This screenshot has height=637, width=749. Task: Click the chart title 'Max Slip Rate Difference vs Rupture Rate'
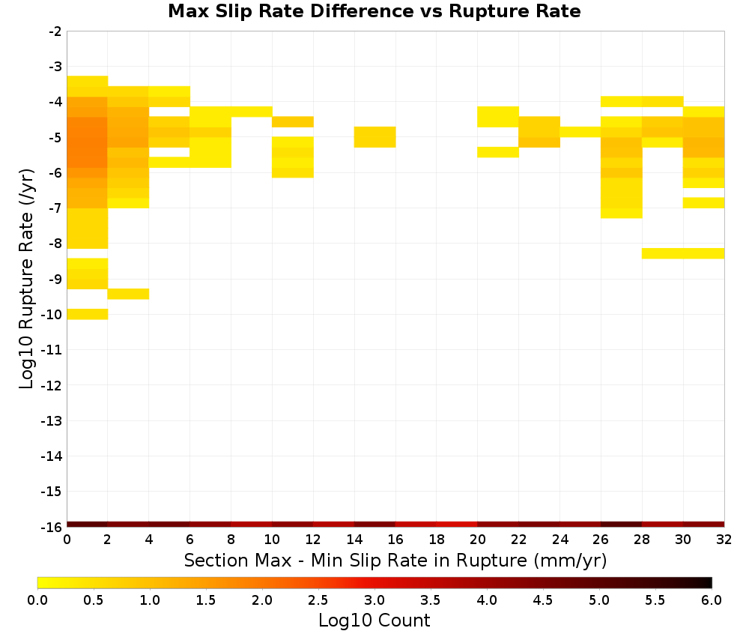[374, 11]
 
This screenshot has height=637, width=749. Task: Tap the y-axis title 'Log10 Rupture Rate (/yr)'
[26, 279]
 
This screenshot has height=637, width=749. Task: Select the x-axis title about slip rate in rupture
[395, 560]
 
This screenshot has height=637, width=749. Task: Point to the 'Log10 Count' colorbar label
[374, 621]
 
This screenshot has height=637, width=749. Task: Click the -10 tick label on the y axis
[51, 315]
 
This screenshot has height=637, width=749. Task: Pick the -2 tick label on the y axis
[55, 31]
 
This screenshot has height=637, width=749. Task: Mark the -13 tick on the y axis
[51, 420]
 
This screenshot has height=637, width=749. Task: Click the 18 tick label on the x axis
[437, 540]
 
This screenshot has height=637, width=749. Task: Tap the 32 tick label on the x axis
[724, 540]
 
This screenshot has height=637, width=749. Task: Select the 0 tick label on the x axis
[67, 540]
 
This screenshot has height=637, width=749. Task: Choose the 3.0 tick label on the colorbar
[374, 600]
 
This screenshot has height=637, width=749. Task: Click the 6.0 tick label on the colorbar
[712, 600]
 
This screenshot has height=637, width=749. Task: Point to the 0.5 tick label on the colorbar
[93, 600]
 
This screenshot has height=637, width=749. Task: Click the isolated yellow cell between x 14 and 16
[375, 137]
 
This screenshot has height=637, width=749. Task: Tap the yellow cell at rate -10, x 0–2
[88, 314]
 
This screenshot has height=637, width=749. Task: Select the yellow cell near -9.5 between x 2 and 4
[129, 294]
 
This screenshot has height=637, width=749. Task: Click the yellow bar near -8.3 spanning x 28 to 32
[683, 253]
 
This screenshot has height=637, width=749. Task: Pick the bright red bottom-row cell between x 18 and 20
[457, 525]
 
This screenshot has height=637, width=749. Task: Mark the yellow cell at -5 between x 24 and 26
[580, 132]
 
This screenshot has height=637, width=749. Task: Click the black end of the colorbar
[708, 582]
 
